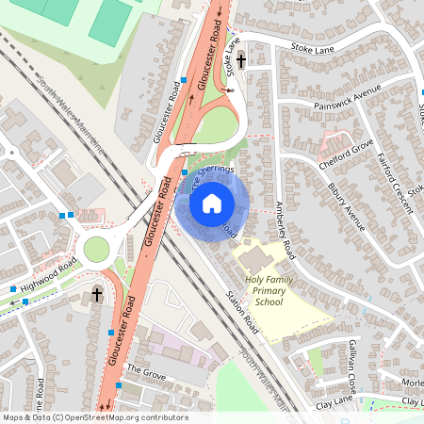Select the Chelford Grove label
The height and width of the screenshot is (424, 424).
coord(347,149)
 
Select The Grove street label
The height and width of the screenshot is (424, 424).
coord(145,370)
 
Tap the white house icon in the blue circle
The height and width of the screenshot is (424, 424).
coord(213,203)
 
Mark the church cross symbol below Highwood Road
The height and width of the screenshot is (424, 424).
coord(97,296)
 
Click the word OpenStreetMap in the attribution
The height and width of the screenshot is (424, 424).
coord(103,416)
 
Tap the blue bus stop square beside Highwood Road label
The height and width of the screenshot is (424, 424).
coord(12,288)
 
